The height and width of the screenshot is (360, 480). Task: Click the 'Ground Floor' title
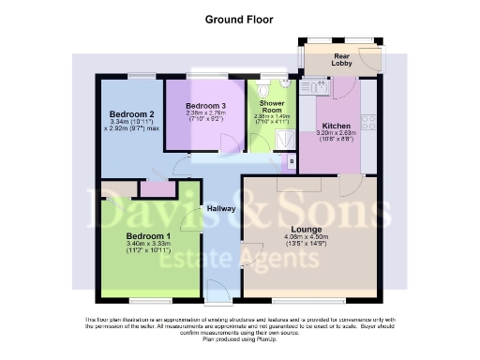pyautogui.click(x=238, y=17)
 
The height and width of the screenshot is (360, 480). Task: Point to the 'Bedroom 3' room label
pyautogui.click(x=205, y=105)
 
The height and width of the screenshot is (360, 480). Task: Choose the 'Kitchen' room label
pyautogui.click(x=337, y=125)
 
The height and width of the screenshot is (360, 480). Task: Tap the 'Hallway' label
pyautogui.click(x=221, y=208)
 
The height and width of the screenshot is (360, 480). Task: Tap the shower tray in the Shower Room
pyautogui.click(x=284, y=138)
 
